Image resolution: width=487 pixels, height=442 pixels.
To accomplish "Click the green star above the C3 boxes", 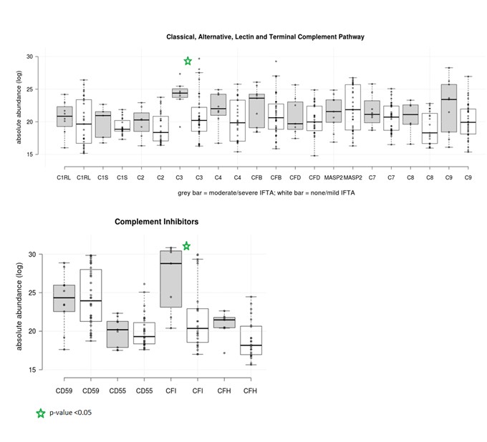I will click(x=188, y=61).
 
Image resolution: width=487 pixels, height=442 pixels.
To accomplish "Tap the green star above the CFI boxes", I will click(x=186, y=246).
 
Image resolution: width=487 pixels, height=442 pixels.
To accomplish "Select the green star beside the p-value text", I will click(x=41, y=413).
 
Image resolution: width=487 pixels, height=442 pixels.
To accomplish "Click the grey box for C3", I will click(x=179, y=93).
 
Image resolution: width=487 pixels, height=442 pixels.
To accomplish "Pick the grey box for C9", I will click(x=450, y=108).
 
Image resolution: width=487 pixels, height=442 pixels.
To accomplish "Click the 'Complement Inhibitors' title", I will click(x=156, y=222).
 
